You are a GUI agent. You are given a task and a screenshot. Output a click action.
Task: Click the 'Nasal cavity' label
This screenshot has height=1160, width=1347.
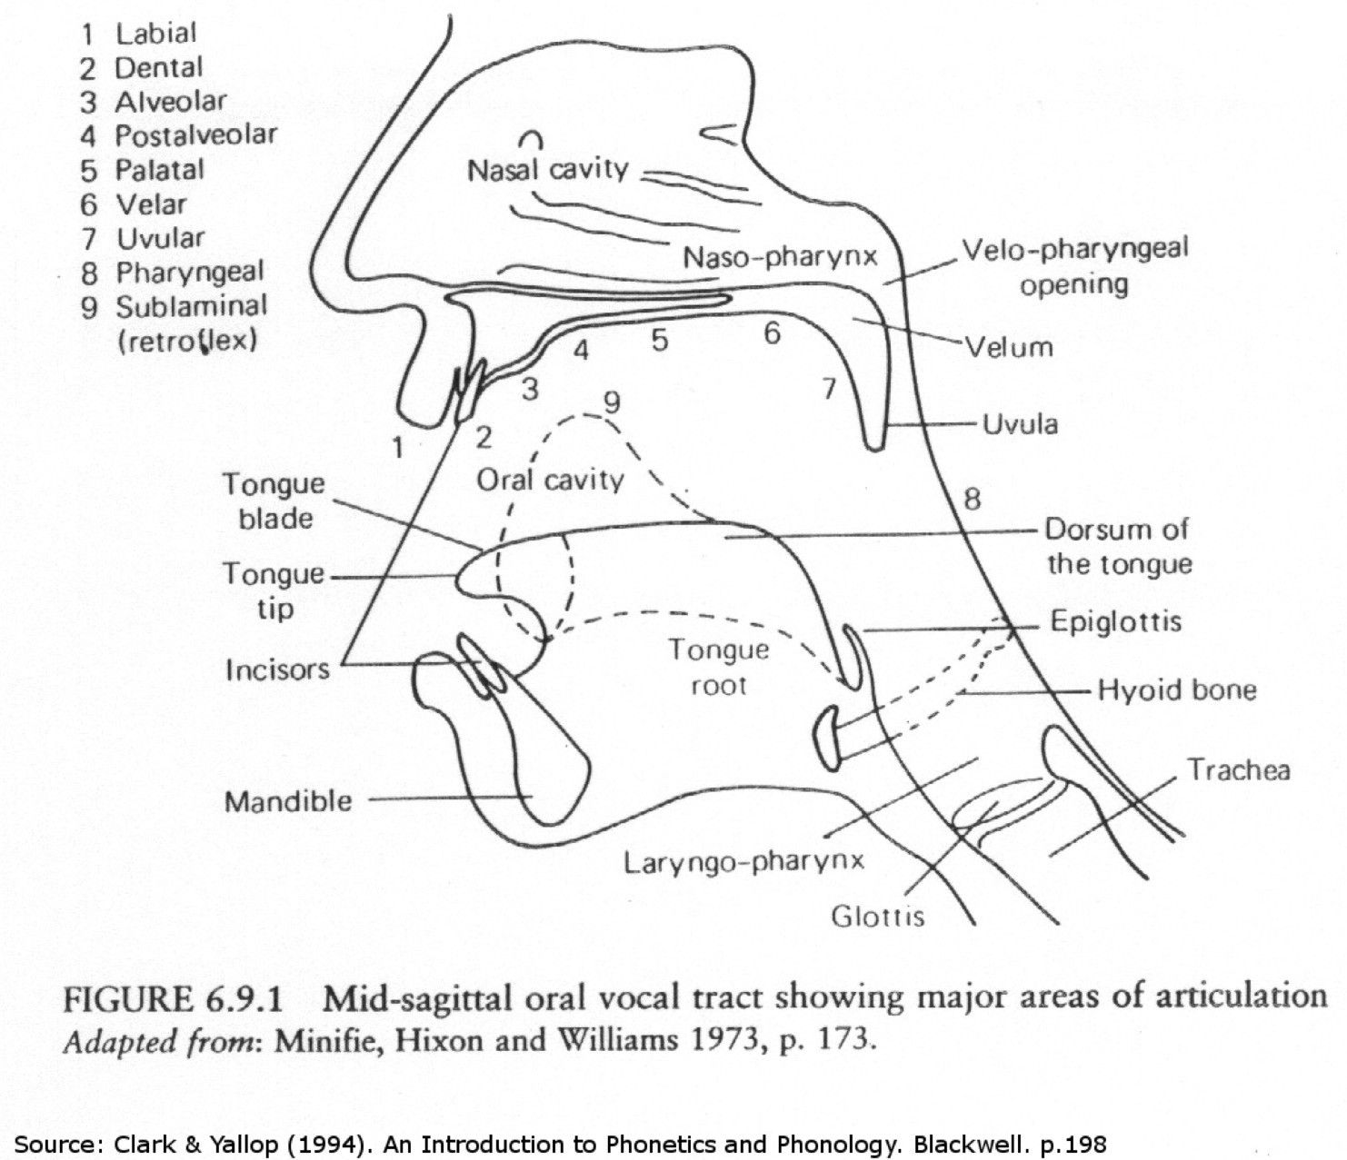pos(547,170)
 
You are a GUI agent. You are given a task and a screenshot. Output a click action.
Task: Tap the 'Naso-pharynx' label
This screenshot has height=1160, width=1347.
pos(780,257)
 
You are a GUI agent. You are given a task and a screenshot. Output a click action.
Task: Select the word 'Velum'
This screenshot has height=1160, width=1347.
pos(1009,347)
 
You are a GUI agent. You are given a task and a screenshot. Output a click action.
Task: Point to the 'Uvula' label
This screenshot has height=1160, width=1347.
pos(1020,424)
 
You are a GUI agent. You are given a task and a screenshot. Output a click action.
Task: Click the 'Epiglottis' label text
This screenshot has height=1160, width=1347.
pos(1115,621)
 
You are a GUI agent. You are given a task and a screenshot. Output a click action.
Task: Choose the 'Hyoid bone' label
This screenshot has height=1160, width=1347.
pos(1176,689)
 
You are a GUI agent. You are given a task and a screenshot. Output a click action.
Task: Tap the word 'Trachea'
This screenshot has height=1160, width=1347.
pos(1238,769)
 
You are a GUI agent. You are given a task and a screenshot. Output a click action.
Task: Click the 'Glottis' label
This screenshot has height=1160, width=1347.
pos(877,916)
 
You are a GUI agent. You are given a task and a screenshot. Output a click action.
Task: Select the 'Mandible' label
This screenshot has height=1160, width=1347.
pos(288,801)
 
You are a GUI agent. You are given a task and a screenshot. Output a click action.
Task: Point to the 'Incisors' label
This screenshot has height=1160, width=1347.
pos(277,669)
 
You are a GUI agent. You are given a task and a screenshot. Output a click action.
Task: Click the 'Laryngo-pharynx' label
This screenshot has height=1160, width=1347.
pos(743,860)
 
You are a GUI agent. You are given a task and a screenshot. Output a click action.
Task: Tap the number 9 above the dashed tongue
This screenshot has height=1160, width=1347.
pos(612,401)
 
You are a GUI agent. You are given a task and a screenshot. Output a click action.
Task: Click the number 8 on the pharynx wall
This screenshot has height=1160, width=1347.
pos(972,498)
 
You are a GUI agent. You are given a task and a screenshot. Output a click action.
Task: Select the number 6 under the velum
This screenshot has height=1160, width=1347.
pos(772,333)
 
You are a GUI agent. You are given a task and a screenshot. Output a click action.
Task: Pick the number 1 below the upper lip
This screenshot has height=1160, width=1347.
pos(397,447)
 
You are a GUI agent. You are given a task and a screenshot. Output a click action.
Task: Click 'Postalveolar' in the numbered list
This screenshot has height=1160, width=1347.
pos(195,135)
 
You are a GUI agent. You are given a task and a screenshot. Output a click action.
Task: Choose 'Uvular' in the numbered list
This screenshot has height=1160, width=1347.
pos(160,238)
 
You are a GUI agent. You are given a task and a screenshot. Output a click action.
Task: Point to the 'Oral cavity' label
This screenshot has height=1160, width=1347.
pos(550,480)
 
